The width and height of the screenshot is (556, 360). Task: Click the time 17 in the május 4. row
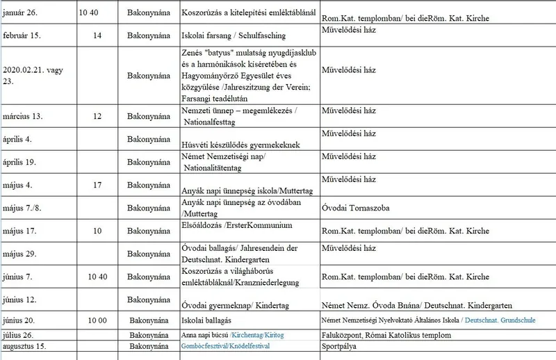click(x=97, y=185)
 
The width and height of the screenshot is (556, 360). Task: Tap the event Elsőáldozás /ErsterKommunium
click(x=236, y=226)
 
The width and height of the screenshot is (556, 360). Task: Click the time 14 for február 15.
click(x=97, y=35)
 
